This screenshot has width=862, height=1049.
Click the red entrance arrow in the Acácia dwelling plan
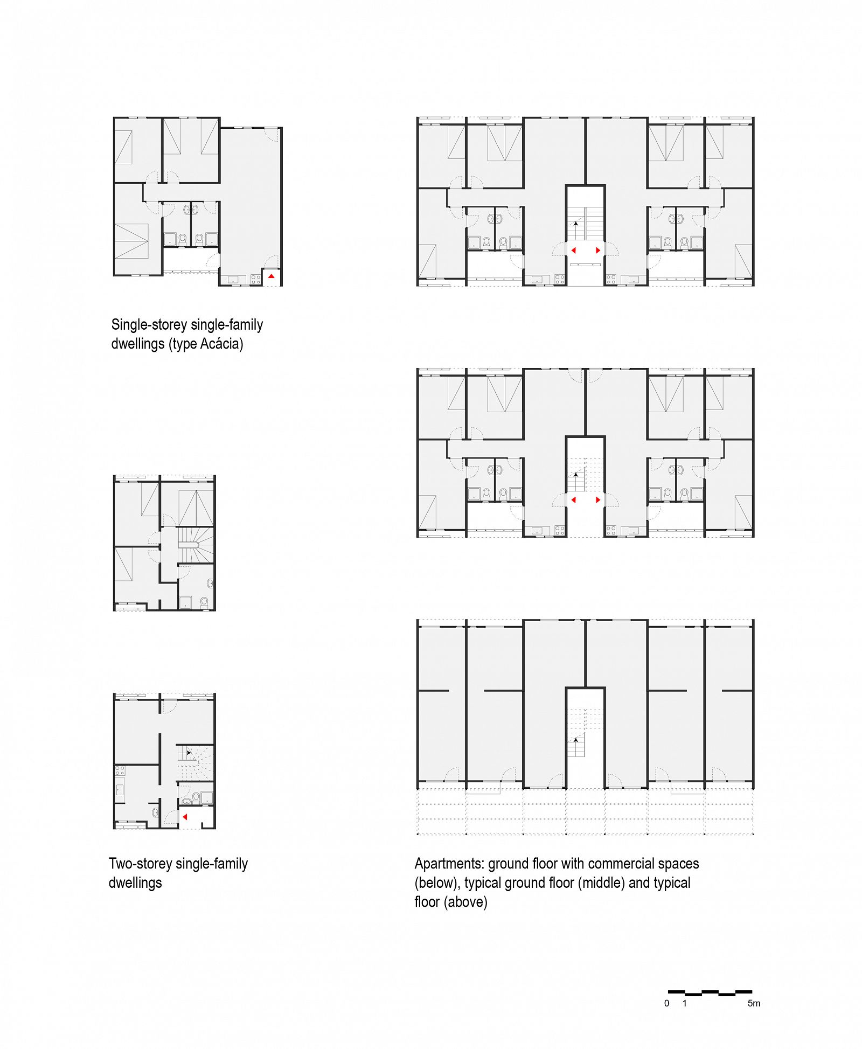click(272, 276)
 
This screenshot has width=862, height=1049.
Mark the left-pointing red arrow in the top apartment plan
click(573, 250)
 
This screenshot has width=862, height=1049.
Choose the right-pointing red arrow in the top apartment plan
click(597, 250)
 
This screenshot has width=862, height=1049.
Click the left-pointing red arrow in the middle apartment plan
click(573, 500)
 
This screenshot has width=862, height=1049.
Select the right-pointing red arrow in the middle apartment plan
click(597, 500)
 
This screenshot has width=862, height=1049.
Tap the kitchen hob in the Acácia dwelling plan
click(255, 279)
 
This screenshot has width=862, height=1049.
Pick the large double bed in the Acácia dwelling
click(131, 241)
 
